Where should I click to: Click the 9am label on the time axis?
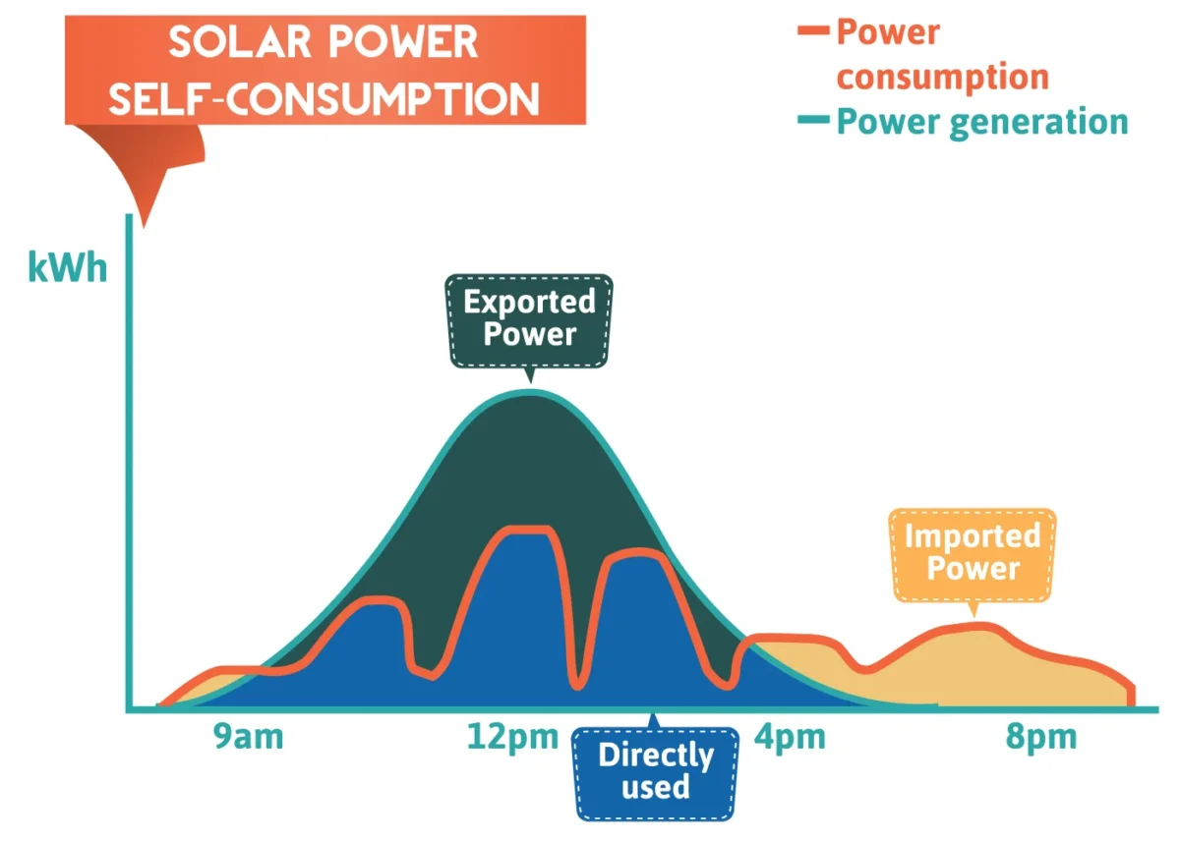pos(248,737)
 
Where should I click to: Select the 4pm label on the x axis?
pos(789,737)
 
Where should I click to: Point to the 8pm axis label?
pos(1040,737)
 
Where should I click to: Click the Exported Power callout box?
pos(530,319)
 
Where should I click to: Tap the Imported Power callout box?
pos(973,553)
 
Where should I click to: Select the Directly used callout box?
pos(656,771)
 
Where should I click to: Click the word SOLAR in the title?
pos(231,42)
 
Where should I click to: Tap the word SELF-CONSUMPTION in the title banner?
pos(324,99)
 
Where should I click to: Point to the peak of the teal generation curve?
pos(529,392)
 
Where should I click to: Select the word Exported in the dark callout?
pos(530,302)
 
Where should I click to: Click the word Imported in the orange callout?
pos(973,536)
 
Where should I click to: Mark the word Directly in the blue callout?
pos(656,756)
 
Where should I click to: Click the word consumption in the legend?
pos(942,77)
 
